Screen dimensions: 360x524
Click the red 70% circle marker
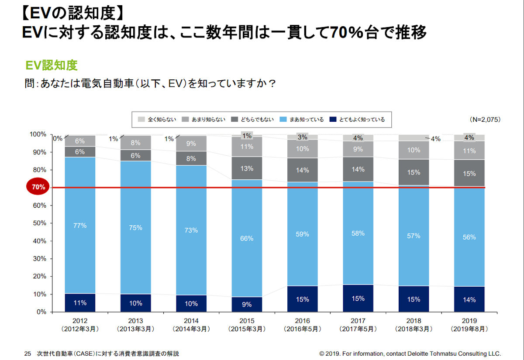[38, 187]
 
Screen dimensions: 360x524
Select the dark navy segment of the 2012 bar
[80, 302]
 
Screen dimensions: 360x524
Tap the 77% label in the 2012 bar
[80, 226]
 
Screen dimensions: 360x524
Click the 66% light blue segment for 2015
[247, 238]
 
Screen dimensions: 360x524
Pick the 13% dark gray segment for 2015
[247, 168]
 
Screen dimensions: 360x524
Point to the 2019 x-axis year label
[469, 321]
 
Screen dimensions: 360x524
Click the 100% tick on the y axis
[38, 134]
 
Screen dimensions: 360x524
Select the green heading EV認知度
[51, 65]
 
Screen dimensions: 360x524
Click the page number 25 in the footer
[28, 353]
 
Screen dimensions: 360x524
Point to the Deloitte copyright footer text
[410, 353]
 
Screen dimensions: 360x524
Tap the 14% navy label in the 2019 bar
[469, 300]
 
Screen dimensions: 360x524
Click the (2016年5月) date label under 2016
[302, 329]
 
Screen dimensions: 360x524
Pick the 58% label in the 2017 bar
[358, 233]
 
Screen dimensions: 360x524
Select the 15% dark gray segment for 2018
[414, 172]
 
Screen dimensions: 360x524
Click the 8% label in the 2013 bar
[135, 142]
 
